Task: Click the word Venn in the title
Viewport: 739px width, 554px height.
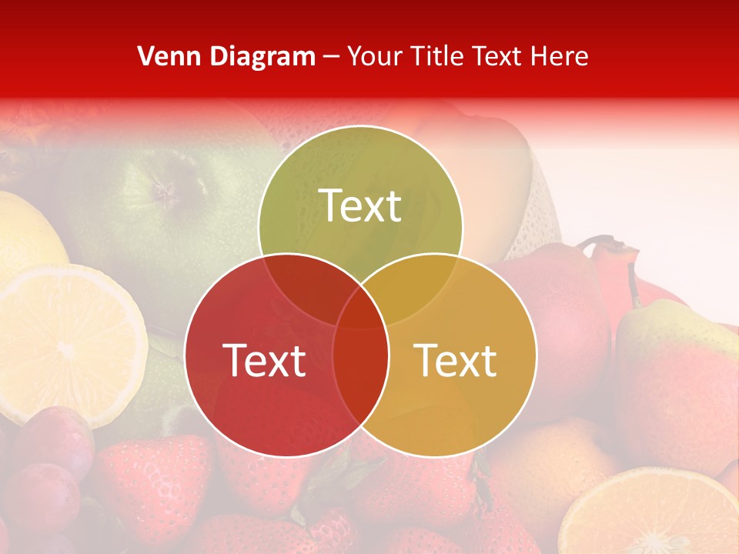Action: pos(163,56)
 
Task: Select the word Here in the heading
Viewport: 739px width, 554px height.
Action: pos(560,56)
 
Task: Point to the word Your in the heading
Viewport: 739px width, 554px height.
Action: pos(376,56)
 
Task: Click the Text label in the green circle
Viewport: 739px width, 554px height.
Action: pos(360,205)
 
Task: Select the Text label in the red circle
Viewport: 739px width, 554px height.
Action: pos(264,360)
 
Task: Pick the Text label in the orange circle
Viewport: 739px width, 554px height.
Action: pos(456,360)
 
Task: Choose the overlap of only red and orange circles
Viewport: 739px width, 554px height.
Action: pos(360,377)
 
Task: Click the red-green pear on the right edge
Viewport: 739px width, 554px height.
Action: pos(677,385)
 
